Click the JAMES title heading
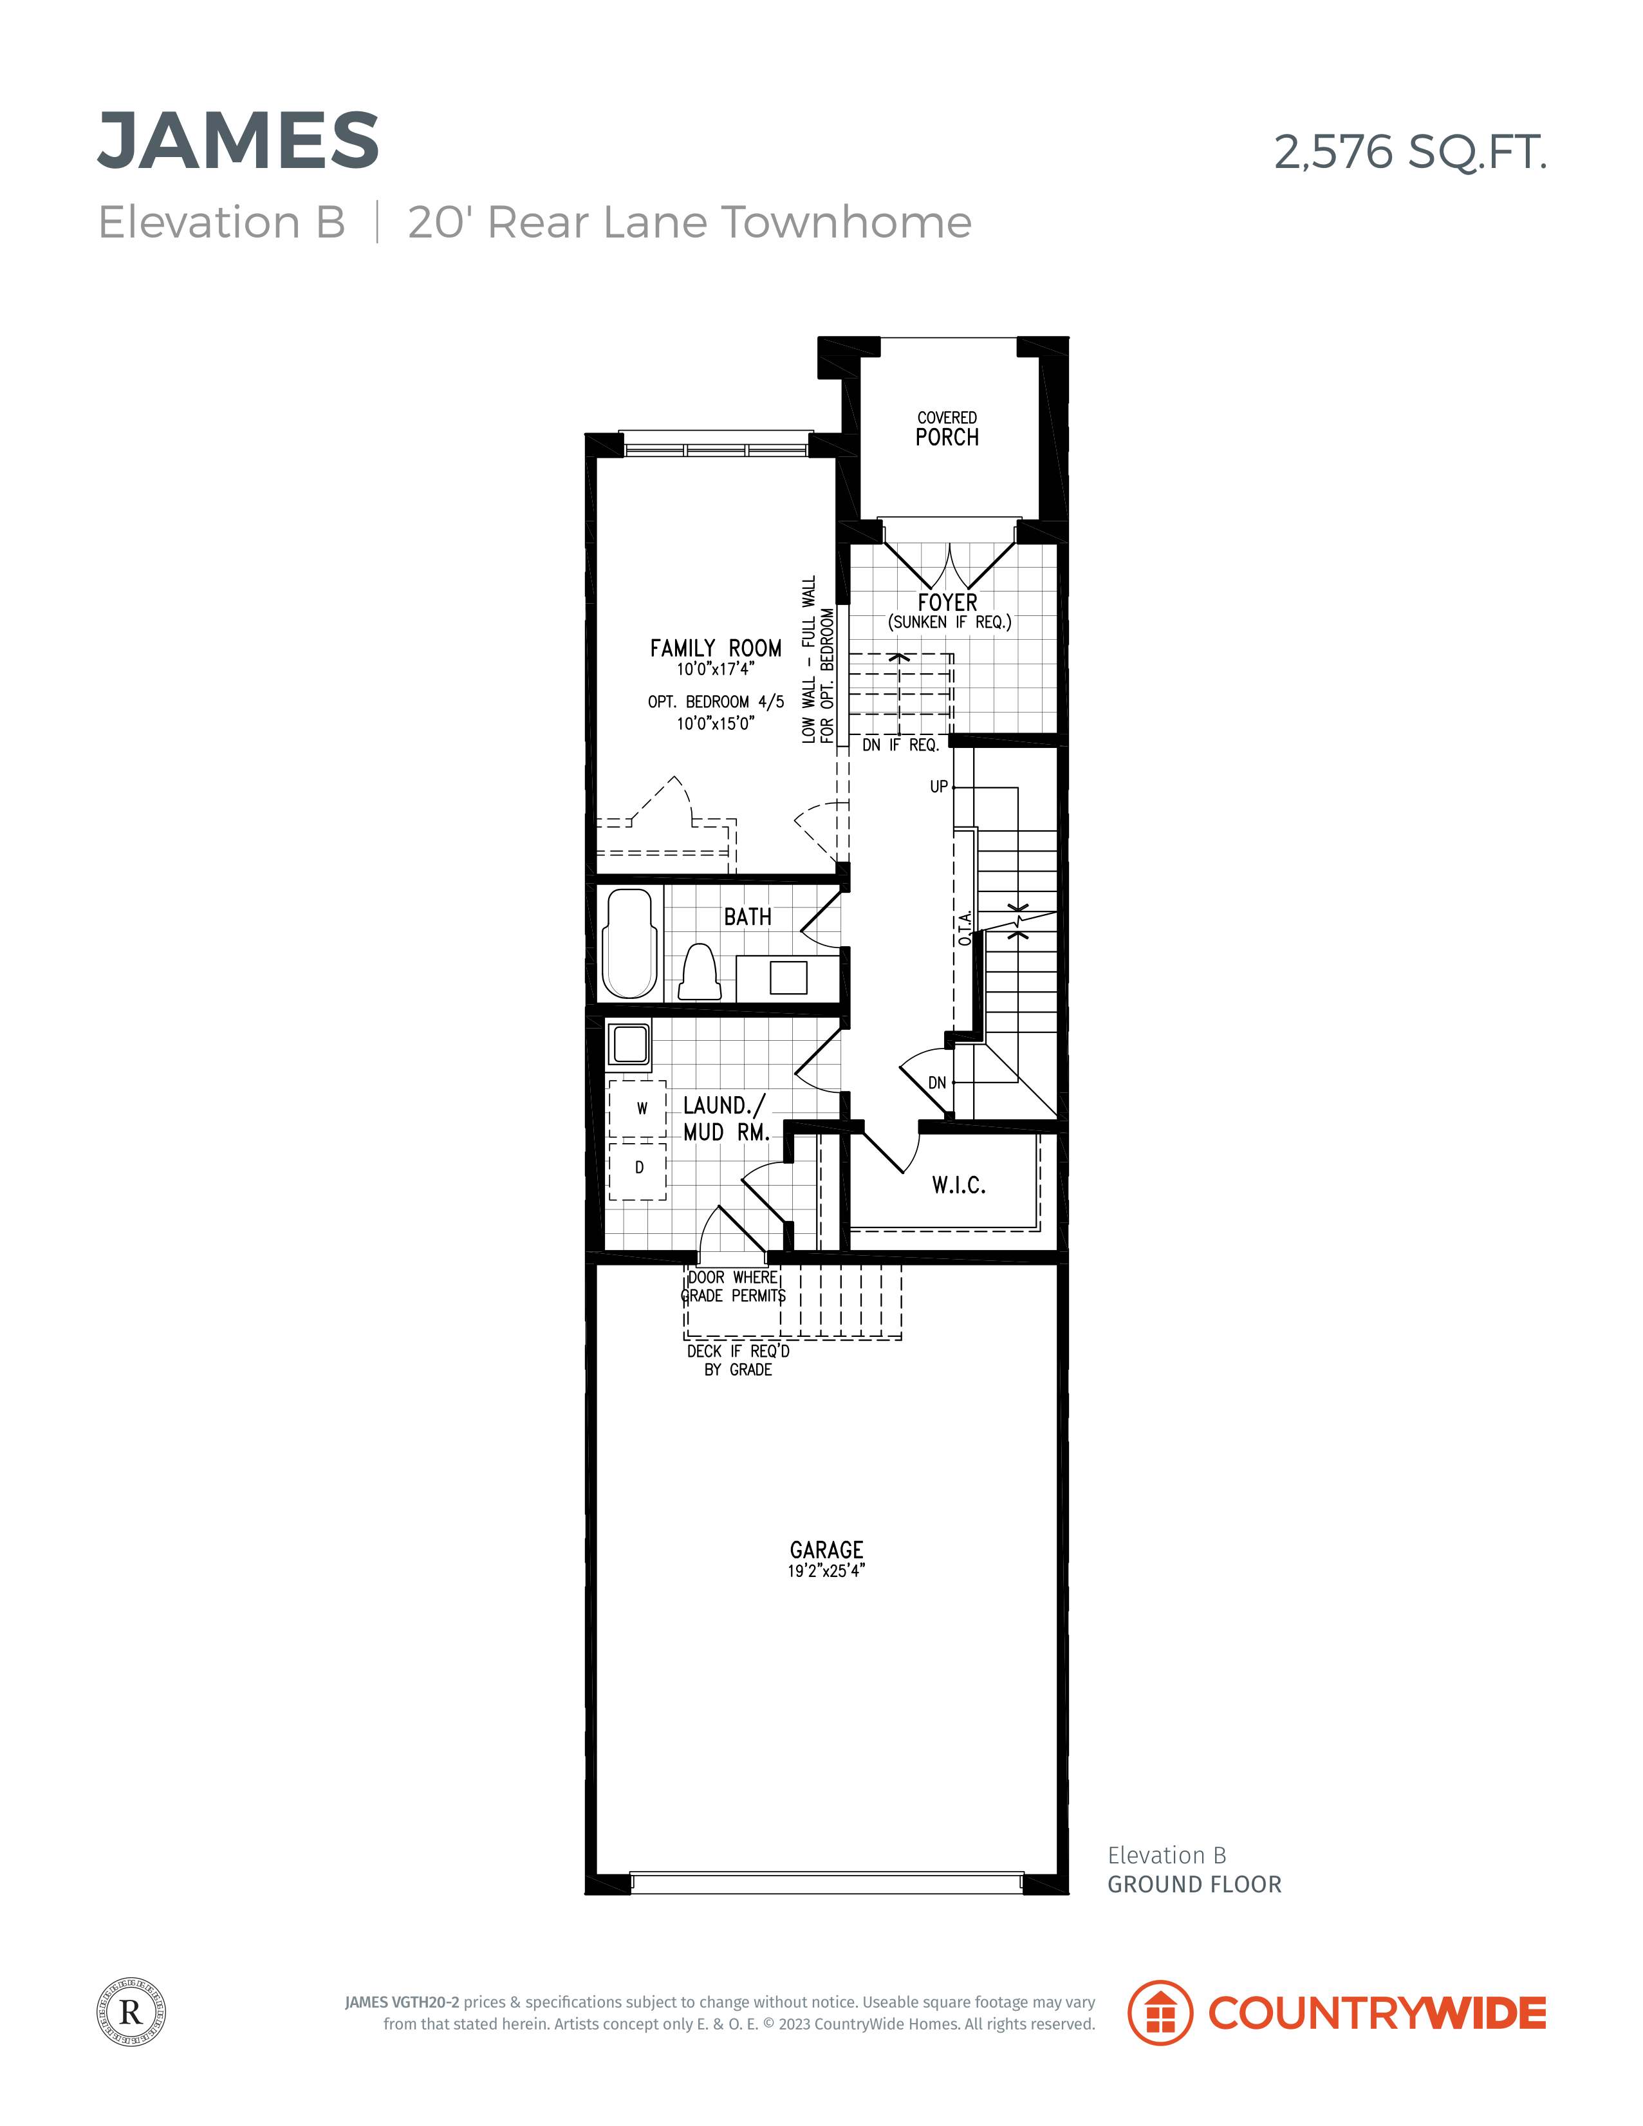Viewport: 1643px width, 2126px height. [239, 140]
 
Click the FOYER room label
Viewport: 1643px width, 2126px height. [947, 602]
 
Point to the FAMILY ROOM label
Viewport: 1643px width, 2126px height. [716, 648]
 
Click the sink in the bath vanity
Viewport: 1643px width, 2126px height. [788, 977]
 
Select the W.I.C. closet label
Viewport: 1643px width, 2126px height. [959, 1185]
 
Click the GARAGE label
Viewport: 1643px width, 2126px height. [826, 1550]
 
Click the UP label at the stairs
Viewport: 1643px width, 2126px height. [938, 787]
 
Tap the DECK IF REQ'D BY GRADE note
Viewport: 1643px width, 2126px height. [738, 1360]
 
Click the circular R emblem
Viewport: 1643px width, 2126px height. [131, 2012]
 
